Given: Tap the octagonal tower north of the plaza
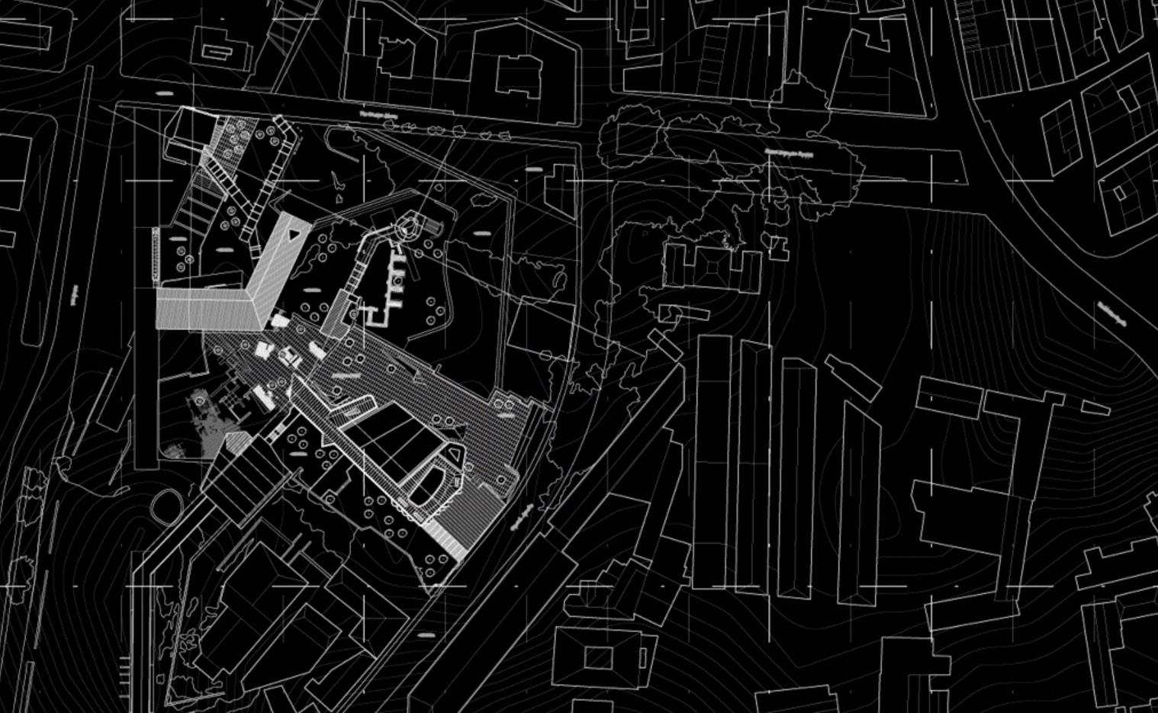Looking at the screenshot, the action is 407,226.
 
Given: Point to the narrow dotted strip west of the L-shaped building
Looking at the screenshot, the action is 155,254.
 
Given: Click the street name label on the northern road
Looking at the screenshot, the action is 381,116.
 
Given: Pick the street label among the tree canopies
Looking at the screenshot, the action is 789,153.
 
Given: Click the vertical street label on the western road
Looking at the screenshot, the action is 74,296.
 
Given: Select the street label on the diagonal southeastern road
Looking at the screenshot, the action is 516,519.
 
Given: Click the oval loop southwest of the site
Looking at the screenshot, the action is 166,504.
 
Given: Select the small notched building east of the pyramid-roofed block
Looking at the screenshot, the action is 778,246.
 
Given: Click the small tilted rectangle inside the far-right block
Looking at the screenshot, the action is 1120,194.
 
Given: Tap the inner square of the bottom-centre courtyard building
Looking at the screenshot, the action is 598,657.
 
